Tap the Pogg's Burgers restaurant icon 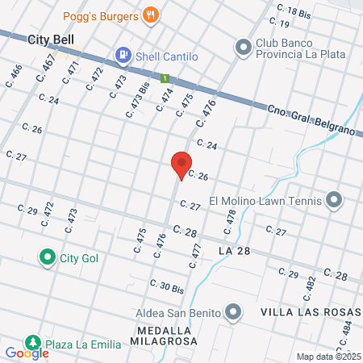pyautogui.click(x=149, y=15)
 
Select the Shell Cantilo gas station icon pyautogui.click(x=123, y=55)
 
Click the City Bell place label pyautogui.click(x=51, y=39)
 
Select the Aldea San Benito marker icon pyautogui.click(x=234, y=311)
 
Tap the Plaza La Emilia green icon pyautogui.click(x=32, y=344)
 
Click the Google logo pyautogui.click(x=27, y=353)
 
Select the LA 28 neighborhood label pyautogui.click(x=235, y=252)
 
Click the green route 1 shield pyautogui.click(x=165, y=78)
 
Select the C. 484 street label pyautogui.click(x=347, y=329)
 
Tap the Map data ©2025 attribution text pyautogui.click(x=329, y=356)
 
